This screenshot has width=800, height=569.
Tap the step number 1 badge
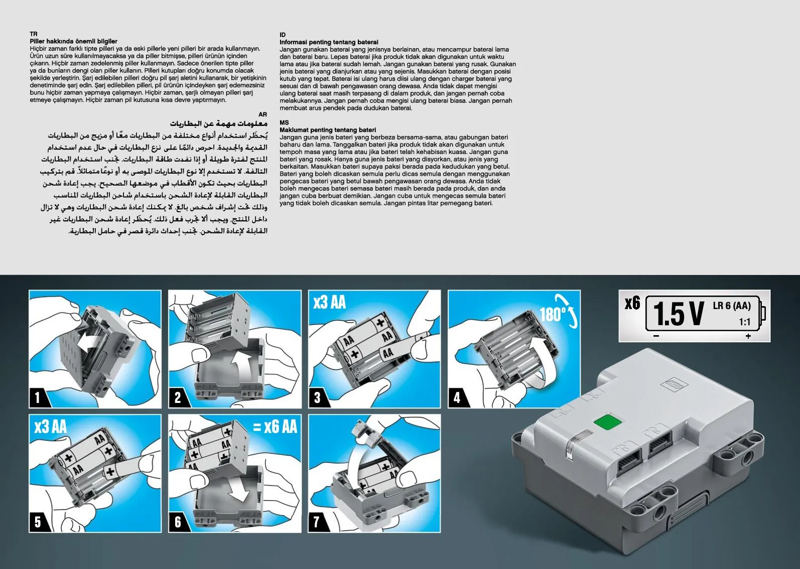(x=37, y=397)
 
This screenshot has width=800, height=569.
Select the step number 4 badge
(x=457, y=397)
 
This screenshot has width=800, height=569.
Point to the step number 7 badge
(x=316, y=522)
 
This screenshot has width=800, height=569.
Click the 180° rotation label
(x=553, y=315)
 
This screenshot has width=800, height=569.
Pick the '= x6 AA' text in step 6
(x=275, y=426)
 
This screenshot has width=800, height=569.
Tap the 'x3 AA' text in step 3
(x=330, y=303)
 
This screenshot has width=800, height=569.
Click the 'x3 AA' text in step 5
(x=51, y=426)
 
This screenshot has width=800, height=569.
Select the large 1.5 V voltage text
(x=678, y=314)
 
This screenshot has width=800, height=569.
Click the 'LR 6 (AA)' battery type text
(x=732, y=306)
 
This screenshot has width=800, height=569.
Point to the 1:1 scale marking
(x=744, y=322)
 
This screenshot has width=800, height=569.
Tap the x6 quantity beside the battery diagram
(x=632, y=304)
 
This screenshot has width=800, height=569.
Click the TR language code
(x=34, y=34)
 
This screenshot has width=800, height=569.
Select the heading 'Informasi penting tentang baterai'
(x=329, y=42)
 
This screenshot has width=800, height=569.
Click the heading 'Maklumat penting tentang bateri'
(x=328, y=130)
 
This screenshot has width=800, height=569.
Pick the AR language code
(x=263, y=114)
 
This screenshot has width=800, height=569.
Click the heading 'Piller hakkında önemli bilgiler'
(x=74, y=42)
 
